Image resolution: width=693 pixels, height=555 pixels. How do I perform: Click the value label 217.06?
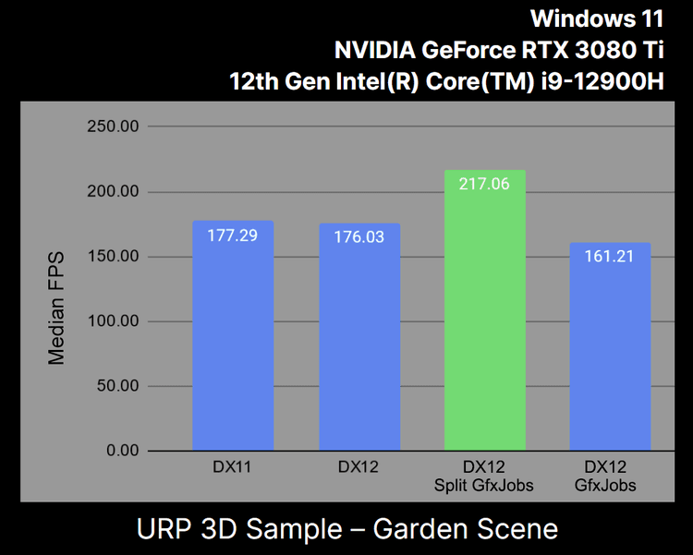pyautogui.click(x=485, y=184)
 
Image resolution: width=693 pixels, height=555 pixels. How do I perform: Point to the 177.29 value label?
pyautogui.click(x=233, y=235)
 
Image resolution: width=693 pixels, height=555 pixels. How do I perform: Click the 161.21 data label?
pyautogui.click(x=611, y=256)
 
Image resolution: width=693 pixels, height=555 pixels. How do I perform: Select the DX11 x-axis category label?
pyautogui.click(x=233, y=467)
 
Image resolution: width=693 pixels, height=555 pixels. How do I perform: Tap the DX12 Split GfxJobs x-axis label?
pyautogui.click(x=485, y=476)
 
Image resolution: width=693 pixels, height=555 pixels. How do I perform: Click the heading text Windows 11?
pyautogui.click(x=597, y=18)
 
